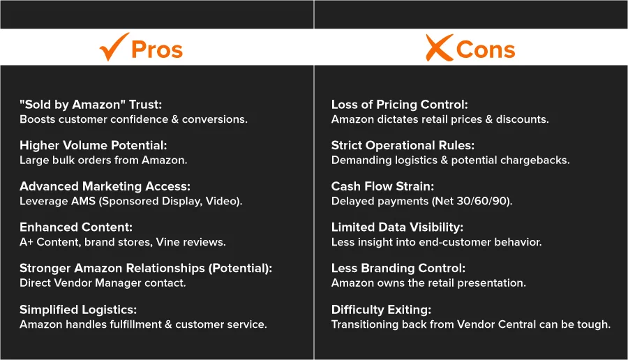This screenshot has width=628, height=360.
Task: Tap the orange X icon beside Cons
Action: point(440,47)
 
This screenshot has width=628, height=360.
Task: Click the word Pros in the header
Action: point(157,50)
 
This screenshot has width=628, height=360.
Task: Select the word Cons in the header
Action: point(486,50)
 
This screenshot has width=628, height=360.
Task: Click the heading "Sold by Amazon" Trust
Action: point(91,105)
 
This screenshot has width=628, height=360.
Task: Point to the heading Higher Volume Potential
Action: point(94,145)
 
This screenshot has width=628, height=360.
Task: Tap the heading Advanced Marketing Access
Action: point(105,186)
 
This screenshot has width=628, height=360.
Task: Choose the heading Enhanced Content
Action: point(76,227)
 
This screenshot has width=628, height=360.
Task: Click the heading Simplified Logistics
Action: point(78,310)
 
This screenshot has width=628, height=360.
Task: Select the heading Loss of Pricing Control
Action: point(399,105)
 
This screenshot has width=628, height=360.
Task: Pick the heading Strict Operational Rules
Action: point(403,145)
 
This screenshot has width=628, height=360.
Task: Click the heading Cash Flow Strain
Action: point(382,186)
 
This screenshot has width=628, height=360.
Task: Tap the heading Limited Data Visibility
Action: point(397,227)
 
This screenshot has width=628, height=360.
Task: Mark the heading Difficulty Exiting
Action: point(381,310)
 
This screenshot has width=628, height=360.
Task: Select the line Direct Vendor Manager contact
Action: point(103,283)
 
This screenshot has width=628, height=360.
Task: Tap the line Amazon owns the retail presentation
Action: point(428,283)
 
